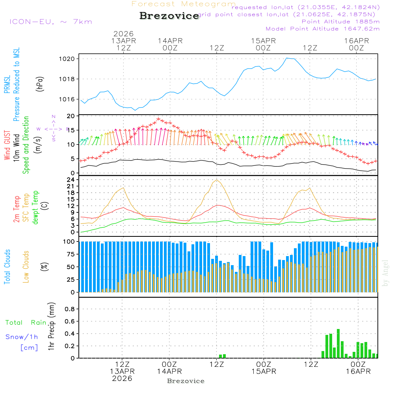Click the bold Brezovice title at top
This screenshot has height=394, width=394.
tap(169, 16)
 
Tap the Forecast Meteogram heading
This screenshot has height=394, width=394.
tap(184, 4)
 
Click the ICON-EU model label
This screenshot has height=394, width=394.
tap(50, 22)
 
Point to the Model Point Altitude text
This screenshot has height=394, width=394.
tap(323, 29)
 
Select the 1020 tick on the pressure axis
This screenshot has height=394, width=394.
tap(67, 59)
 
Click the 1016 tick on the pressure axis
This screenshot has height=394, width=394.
tap(67, 99)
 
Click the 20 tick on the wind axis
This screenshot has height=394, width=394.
tap(71, 116)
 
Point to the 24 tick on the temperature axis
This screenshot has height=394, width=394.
tap(71, 180)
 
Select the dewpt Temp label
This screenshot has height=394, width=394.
tap(36, 208)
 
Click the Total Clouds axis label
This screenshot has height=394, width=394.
tap(7, 267)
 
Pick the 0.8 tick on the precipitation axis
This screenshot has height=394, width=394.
tap(70, 309)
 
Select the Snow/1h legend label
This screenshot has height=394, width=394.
tap(22, 337)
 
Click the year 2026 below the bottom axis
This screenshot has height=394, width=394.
tap(122, 378)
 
